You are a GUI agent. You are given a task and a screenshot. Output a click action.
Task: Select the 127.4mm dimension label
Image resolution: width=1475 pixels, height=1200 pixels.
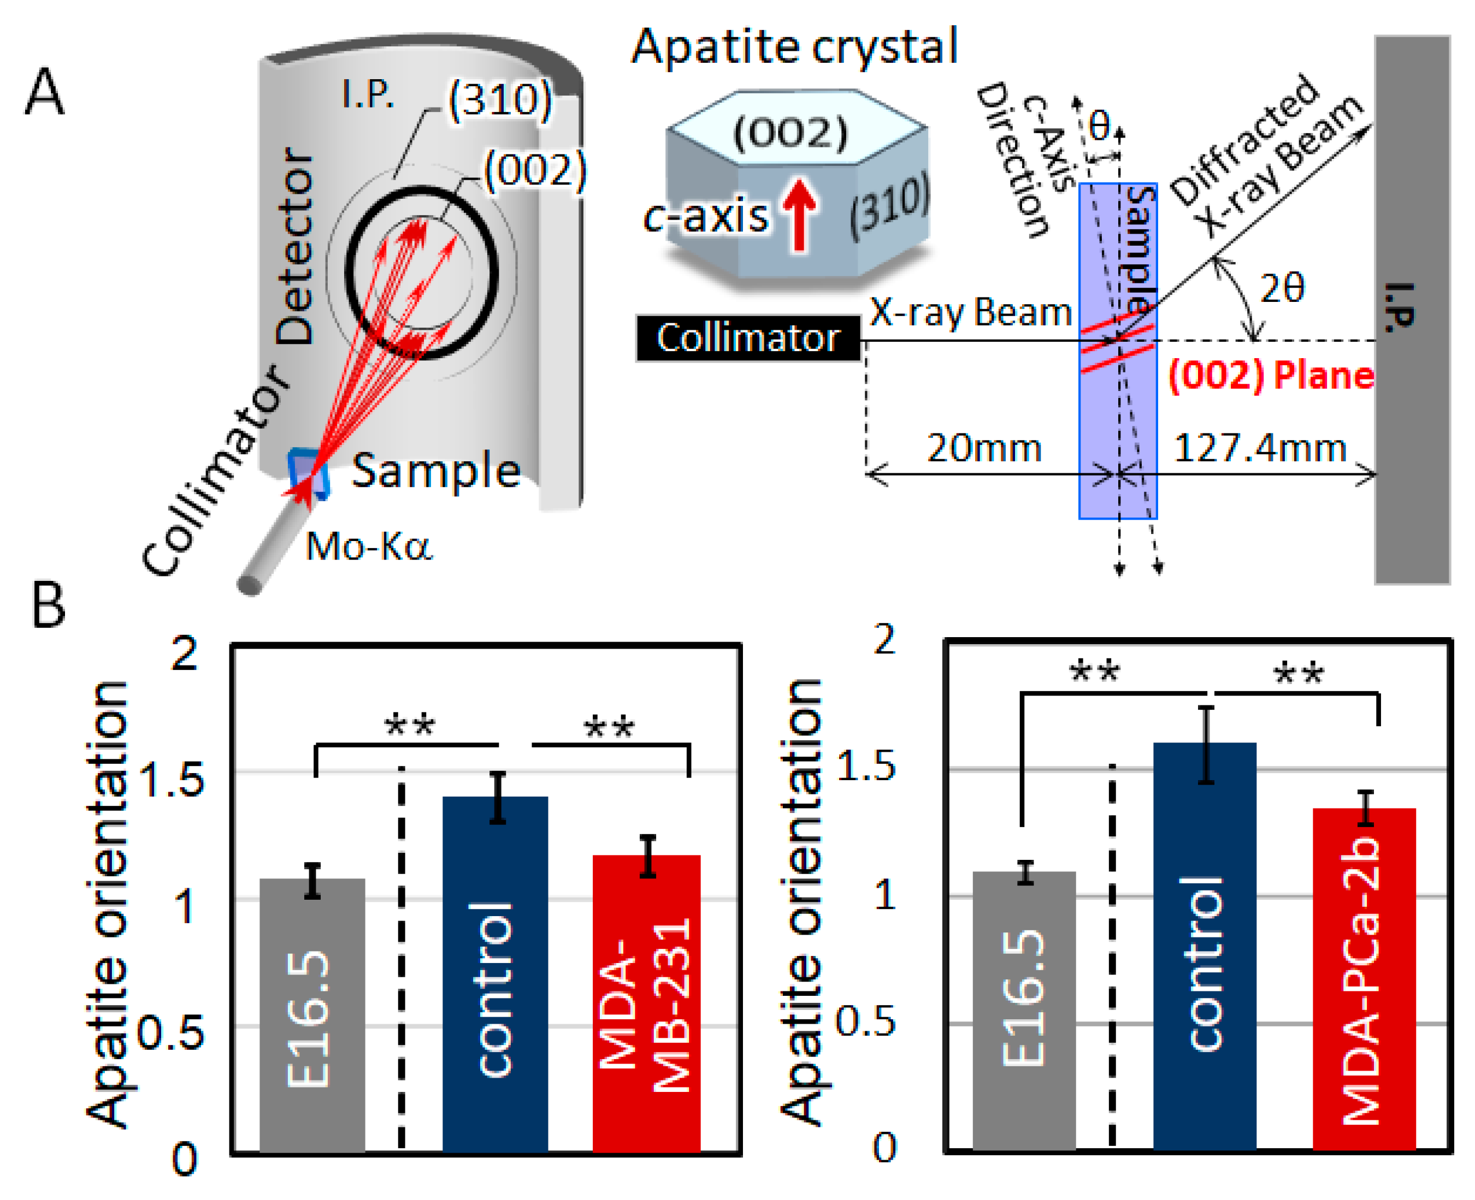[1260, 448]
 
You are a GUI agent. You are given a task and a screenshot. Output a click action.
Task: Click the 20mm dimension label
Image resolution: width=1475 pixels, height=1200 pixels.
[983, 448]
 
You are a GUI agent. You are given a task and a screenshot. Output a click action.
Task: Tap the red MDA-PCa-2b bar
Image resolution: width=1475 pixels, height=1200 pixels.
[1364, 978]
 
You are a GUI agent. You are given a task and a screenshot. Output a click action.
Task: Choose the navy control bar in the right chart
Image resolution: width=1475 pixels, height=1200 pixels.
[1205, 947]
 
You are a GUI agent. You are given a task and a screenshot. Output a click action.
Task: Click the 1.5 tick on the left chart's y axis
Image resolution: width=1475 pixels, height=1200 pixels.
[172, 780]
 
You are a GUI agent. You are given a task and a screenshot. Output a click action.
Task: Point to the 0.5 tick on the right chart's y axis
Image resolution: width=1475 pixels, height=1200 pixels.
[865, 1021]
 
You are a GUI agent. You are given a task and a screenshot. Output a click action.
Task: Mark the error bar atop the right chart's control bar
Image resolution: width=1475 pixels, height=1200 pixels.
[1206, 745]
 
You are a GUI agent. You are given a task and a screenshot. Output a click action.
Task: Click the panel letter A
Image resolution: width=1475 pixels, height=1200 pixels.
[45, 91]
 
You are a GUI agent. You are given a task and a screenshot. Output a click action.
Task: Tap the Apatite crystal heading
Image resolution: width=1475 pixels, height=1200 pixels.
[794, 47]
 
